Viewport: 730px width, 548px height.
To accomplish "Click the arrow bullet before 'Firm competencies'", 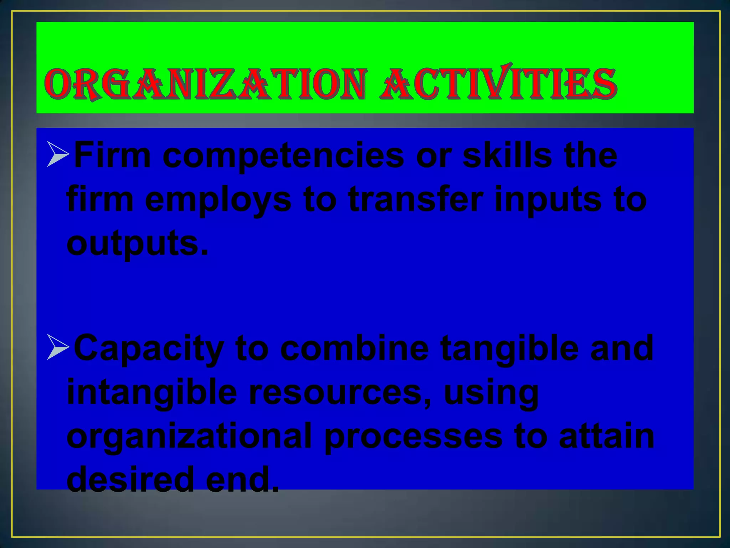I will (x=58, y=154).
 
